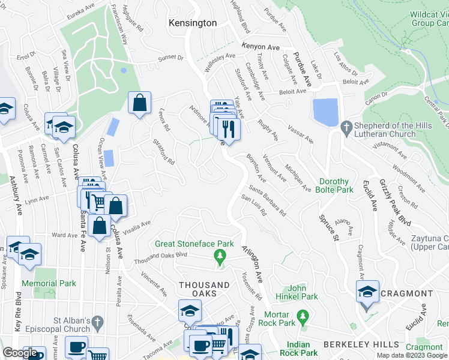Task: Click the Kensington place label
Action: click(192, 23)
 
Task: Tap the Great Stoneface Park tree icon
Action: click(220, 257)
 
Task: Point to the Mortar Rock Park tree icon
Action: click(303, 314)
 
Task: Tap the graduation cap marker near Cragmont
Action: click(367, 293)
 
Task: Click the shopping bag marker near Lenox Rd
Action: click(139, 103)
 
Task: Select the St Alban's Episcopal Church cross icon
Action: click(97, 325)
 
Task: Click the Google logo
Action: click(20, 353)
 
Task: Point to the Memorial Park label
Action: click(49, 283)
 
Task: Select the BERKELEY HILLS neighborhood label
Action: click(361, 344)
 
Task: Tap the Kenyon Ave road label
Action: click(262, 46)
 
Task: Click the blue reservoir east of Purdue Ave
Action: click(325, 112)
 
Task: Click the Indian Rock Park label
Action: click(298, 349)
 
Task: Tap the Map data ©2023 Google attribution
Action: click(411, 355)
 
